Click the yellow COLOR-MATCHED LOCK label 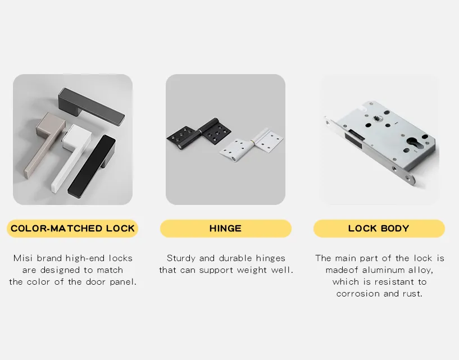(x=72, y=229)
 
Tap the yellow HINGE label (x=225, y=229)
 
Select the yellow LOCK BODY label (x=379, y=229)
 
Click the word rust (x=410, y=294)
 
